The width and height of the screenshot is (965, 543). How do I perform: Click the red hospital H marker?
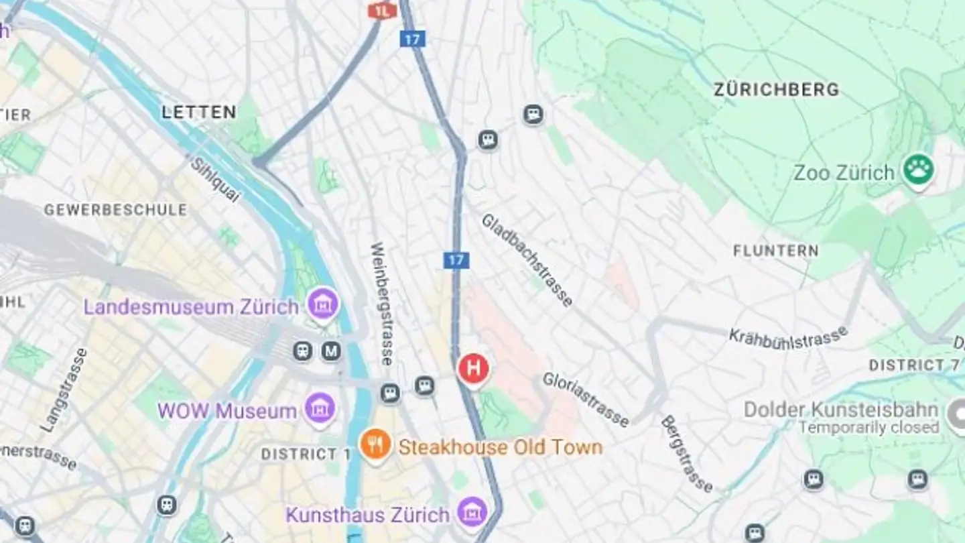click(x=473, y=368)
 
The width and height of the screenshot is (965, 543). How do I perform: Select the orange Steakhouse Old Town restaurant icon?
click(x=375, y=444)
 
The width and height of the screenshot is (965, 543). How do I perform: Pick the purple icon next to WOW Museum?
click(x=320, y=408)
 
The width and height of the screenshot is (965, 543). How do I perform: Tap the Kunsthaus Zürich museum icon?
click(x=472, y=512)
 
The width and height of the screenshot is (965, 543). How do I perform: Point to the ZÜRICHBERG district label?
click(x=776, y=90)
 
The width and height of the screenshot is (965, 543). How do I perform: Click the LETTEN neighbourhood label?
click(x=198, y=112)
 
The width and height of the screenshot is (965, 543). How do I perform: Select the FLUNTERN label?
click(x=775, y=251)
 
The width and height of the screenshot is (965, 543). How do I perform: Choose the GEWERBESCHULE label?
click(x=115, y=210)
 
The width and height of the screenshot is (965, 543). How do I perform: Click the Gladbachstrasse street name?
click(x=527, y=260)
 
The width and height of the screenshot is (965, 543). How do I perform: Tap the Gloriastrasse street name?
click(x=586, y=399)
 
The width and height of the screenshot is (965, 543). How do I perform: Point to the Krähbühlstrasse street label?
click(x=788, y=337)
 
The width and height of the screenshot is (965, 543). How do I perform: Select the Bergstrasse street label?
click(x=687, y=454)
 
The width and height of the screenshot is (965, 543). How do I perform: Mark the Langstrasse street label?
click(x=64, y=389)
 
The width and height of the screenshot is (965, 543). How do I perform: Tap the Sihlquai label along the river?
click(x=214, y=179)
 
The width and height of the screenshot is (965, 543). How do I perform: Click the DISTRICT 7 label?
click(x=914, y=365)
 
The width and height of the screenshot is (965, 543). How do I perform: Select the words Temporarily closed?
click(x=868, y=427)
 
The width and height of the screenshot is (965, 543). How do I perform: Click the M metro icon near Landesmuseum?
click(x=330, y=350)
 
